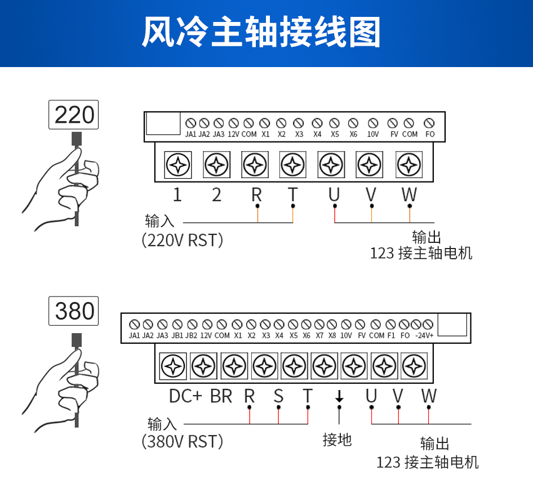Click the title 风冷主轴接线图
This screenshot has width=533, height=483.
(x=261, y=32)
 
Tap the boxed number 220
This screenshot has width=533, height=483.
(x=74, y=114)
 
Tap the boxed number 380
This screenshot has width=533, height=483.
(x=74, y=311)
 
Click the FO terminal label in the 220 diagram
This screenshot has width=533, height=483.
(x=430, y=134)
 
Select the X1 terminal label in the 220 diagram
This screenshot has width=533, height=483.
(x=265, y=134)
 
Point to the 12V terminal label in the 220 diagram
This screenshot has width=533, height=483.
(x=233, y=134)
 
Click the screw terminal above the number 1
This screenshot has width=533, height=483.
(x=178, y=165)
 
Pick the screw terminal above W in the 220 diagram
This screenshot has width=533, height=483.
(x=409, y=165)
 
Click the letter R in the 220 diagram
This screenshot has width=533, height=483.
(x=257, y=195)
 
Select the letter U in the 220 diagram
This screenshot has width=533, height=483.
(x=334, y=195)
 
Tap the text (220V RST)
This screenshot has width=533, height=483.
(x=182, y=241)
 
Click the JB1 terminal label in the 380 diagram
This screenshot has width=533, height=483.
(x=177, y=336)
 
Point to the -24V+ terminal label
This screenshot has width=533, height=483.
(x=424, y=336)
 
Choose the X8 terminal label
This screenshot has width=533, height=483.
(x=332, y=336)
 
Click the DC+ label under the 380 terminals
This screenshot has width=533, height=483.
(x=185, y=396)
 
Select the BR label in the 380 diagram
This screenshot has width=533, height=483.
(x=221, y=396)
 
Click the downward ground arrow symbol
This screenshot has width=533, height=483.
(x=339, y=396)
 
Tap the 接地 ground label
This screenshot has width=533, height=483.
(x=337, y=440)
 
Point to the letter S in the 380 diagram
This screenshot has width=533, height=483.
(x=278, y=396)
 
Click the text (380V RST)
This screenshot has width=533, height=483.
(x=182, y=442)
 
